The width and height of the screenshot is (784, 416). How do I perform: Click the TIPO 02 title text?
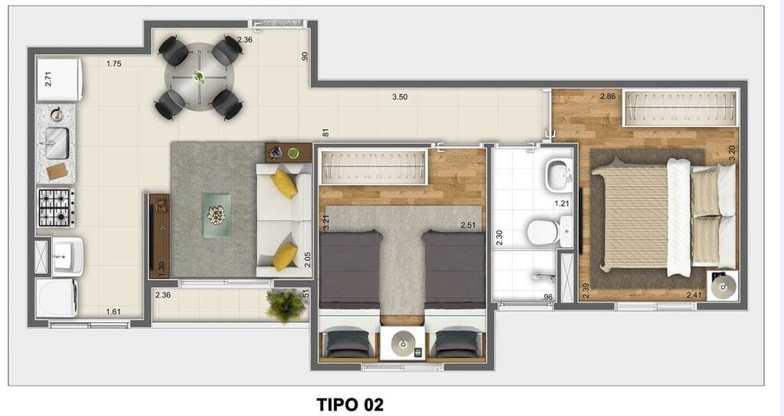(x=350, y=404)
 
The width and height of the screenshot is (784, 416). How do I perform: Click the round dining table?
(x=199, y=78)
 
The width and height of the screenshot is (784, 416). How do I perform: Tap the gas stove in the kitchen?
(x=56, y=207)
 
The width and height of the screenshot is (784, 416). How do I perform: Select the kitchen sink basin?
(x=56, y=143)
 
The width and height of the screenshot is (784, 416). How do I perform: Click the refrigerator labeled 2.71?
(x=60, y=80)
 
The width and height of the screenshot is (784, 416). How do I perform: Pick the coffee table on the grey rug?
(x=215, y=214)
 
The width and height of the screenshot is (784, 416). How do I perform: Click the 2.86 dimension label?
(x=607, y=97)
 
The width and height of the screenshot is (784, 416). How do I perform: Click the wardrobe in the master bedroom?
(x=680, y=108)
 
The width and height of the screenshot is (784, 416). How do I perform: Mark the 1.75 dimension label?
(x=114, y=64)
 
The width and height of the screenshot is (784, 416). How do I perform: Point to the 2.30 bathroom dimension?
(x=499, y=237)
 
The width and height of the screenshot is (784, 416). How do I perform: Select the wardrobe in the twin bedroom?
(x=373, y=165)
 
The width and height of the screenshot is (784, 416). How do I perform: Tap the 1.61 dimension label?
(x=114, y=312)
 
